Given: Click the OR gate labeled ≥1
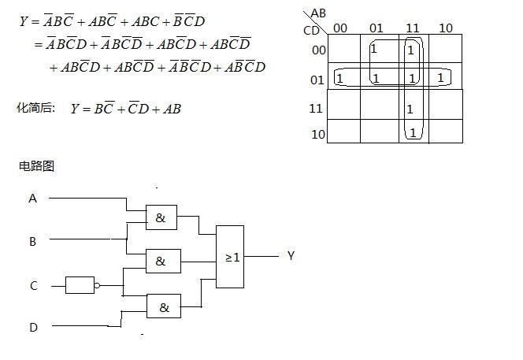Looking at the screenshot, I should (230, 257).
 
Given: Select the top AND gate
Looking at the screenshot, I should (161, 218).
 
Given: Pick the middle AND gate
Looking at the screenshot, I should (162, 261).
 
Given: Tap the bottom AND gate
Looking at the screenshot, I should (163, 306).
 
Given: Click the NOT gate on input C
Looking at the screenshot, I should (80, 285).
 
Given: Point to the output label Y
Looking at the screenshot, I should (291, 256).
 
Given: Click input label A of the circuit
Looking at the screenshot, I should (32, 199).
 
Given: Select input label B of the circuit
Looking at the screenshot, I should (32, 242).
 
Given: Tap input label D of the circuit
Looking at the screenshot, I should (32, 328).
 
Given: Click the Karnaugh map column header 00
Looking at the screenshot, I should (340, 28).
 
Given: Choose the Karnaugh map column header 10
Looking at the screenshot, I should (446, 28).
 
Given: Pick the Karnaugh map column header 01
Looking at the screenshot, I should (376, 28).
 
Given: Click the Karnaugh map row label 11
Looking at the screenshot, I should (317, 108).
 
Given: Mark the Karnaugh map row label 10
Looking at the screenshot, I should (317, 135).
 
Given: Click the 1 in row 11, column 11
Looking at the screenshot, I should (410, 109).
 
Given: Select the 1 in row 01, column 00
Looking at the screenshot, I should (339, 79).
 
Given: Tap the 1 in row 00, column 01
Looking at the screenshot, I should (373, 49).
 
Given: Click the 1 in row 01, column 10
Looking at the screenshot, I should (440, 78).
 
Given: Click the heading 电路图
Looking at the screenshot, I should (36, 166).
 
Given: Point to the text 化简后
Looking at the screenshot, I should (35, 107).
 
